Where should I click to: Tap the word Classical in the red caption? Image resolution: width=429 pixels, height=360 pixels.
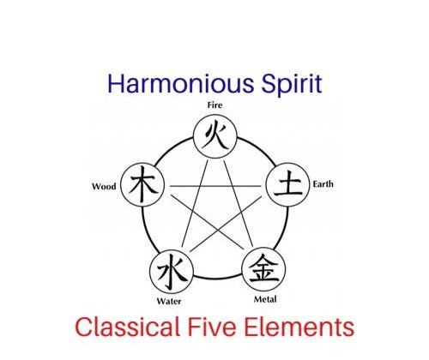(x=127, y=327)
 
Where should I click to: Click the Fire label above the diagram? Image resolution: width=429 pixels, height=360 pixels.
(x=214, y=105)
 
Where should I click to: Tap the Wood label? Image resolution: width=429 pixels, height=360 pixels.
(x=104, y=187)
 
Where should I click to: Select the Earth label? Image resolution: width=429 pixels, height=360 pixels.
(x=323, y=184)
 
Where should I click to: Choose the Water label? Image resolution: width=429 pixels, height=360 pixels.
(x=169, y=301)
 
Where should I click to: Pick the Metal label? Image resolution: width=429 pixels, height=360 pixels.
(x=265, y=299)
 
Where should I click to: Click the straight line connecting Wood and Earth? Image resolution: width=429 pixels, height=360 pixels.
(x=215, y=186)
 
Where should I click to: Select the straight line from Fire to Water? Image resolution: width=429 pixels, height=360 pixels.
(x=195, y=203)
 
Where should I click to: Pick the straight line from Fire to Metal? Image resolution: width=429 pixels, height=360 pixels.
(x=239, y=203)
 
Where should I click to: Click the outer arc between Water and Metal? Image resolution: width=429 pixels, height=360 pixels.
(x=218, y=278)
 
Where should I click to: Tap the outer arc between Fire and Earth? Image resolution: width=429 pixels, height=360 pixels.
(x=259, y=148)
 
